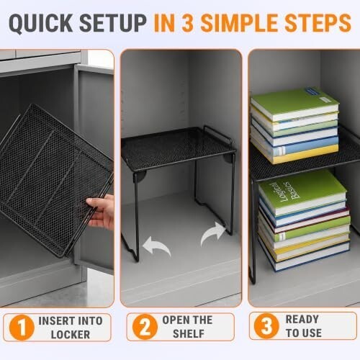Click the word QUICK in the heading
click(x=41, y=23)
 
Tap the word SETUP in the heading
click(x=113, y=23)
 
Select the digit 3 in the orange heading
click(x=187, y=23)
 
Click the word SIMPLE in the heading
click(x=240, y=23)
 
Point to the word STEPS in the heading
click(x=318, y=23)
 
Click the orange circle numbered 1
click(x=22, y=328)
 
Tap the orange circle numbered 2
click(x=145, y=327)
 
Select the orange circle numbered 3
click(x=266, y=326)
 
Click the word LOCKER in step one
click(x=71, y=335)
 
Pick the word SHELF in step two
click(x=189, y=334)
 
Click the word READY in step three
click(x=302, y=319)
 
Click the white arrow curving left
click(x=156, y=246)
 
